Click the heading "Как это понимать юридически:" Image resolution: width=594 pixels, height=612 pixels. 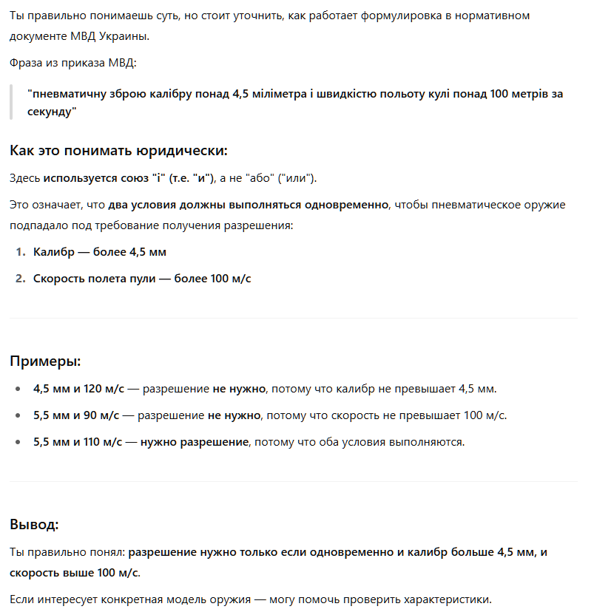[118, 151]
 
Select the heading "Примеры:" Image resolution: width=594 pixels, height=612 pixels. [45, 361]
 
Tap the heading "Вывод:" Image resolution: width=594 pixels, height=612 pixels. [34, 525]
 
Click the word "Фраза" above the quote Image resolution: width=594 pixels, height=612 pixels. [26, 63]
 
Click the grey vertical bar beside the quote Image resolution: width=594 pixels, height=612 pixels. [12, 103]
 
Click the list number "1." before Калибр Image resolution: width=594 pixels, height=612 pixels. [21, 252]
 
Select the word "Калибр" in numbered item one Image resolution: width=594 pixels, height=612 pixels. [54, 252]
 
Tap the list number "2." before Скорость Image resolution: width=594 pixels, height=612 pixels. [21, 279]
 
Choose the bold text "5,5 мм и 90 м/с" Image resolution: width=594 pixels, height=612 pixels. [76, 415]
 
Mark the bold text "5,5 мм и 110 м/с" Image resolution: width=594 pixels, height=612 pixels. [78, 442]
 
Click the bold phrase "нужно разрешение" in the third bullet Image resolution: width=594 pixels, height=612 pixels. [194, 442]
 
